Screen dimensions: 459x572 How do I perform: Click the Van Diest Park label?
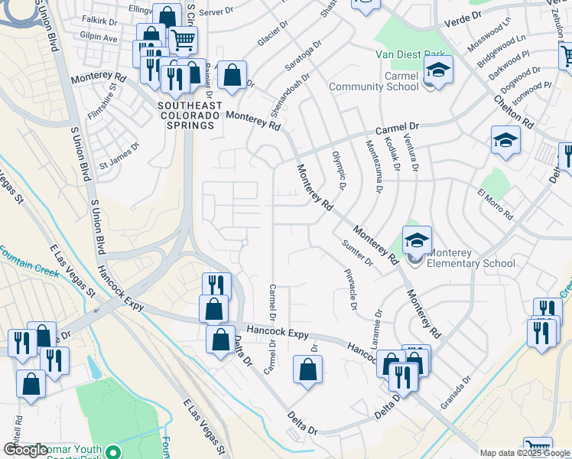tap(410, 54)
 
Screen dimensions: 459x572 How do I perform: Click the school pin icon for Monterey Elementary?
tap(417, 240)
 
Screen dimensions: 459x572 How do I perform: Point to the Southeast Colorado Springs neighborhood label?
tap(190, 115)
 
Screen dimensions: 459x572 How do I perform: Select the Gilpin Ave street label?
tap(99, 37)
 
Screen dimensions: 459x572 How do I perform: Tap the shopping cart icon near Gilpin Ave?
tap(182, 39)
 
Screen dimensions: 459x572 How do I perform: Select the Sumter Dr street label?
tap(357, 253)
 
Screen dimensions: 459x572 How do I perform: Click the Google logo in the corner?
tap(25, 450)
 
